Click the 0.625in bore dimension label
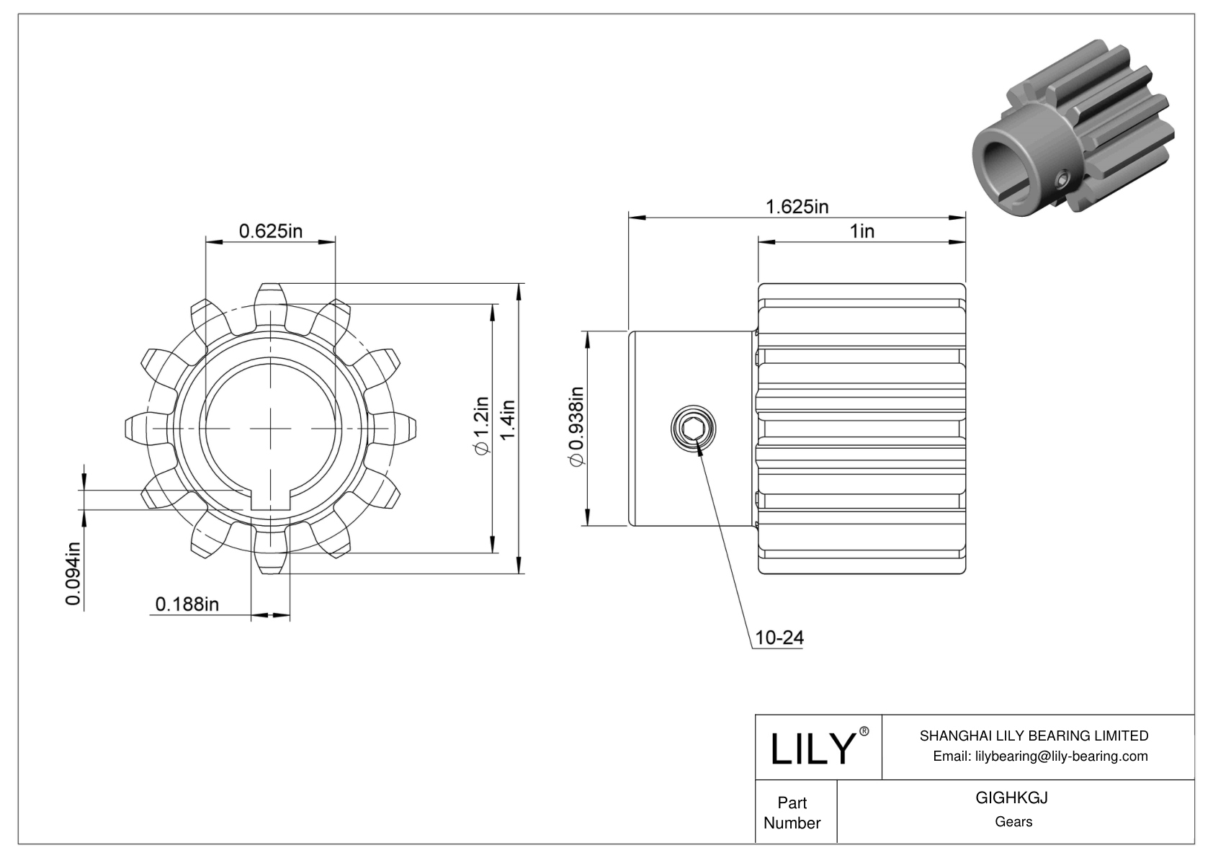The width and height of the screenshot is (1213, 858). pyautogui.click(x=270, y=231)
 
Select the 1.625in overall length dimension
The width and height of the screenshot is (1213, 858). pyautogui.click(x=797, y=206)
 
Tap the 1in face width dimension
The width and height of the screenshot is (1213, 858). pyautogui.click(x=861, y=231)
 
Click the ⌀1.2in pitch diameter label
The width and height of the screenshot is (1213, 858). pyautogui.click(x=481, y=426)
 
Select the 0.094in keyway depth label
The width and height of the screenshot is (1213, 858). pyautogui.click(x=73, y=573)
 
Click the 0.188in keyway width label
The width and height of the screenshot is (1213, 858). pyautogui.click(x=187, y=604)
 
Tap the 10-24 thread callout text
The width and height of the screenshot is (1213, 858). pyautogui.click(x=779, y=638)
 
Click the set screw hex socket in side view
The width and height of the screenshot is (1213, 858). pyautogui.click(x=693, y=429)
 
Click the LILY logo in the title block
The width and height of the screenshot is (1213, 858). pyautogui.click(x=813, y=748)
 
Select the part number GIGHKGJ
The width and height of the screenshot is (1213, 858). pyautogui.click(x=1011, y=797)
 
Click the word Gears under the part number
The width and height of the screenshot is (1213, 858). pyautogui.click(x=1013, y=822)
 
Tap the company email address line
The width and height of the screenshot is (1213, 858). pyautogui.click(x=1040, y=756)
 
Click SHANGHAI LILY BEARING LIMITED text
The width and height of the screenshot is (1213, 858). pyautogui.click(x=1034, y=736)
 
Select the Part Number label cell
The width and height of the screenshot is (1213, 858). pyautogui.click(x=792, y=813)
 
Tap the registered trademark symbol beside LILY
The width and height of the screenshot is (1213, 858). pyautogui.click(x=864, y=731)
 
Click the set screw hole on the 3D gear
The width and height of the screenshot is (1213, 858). pyautogui.click(x=1062, y=179)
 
